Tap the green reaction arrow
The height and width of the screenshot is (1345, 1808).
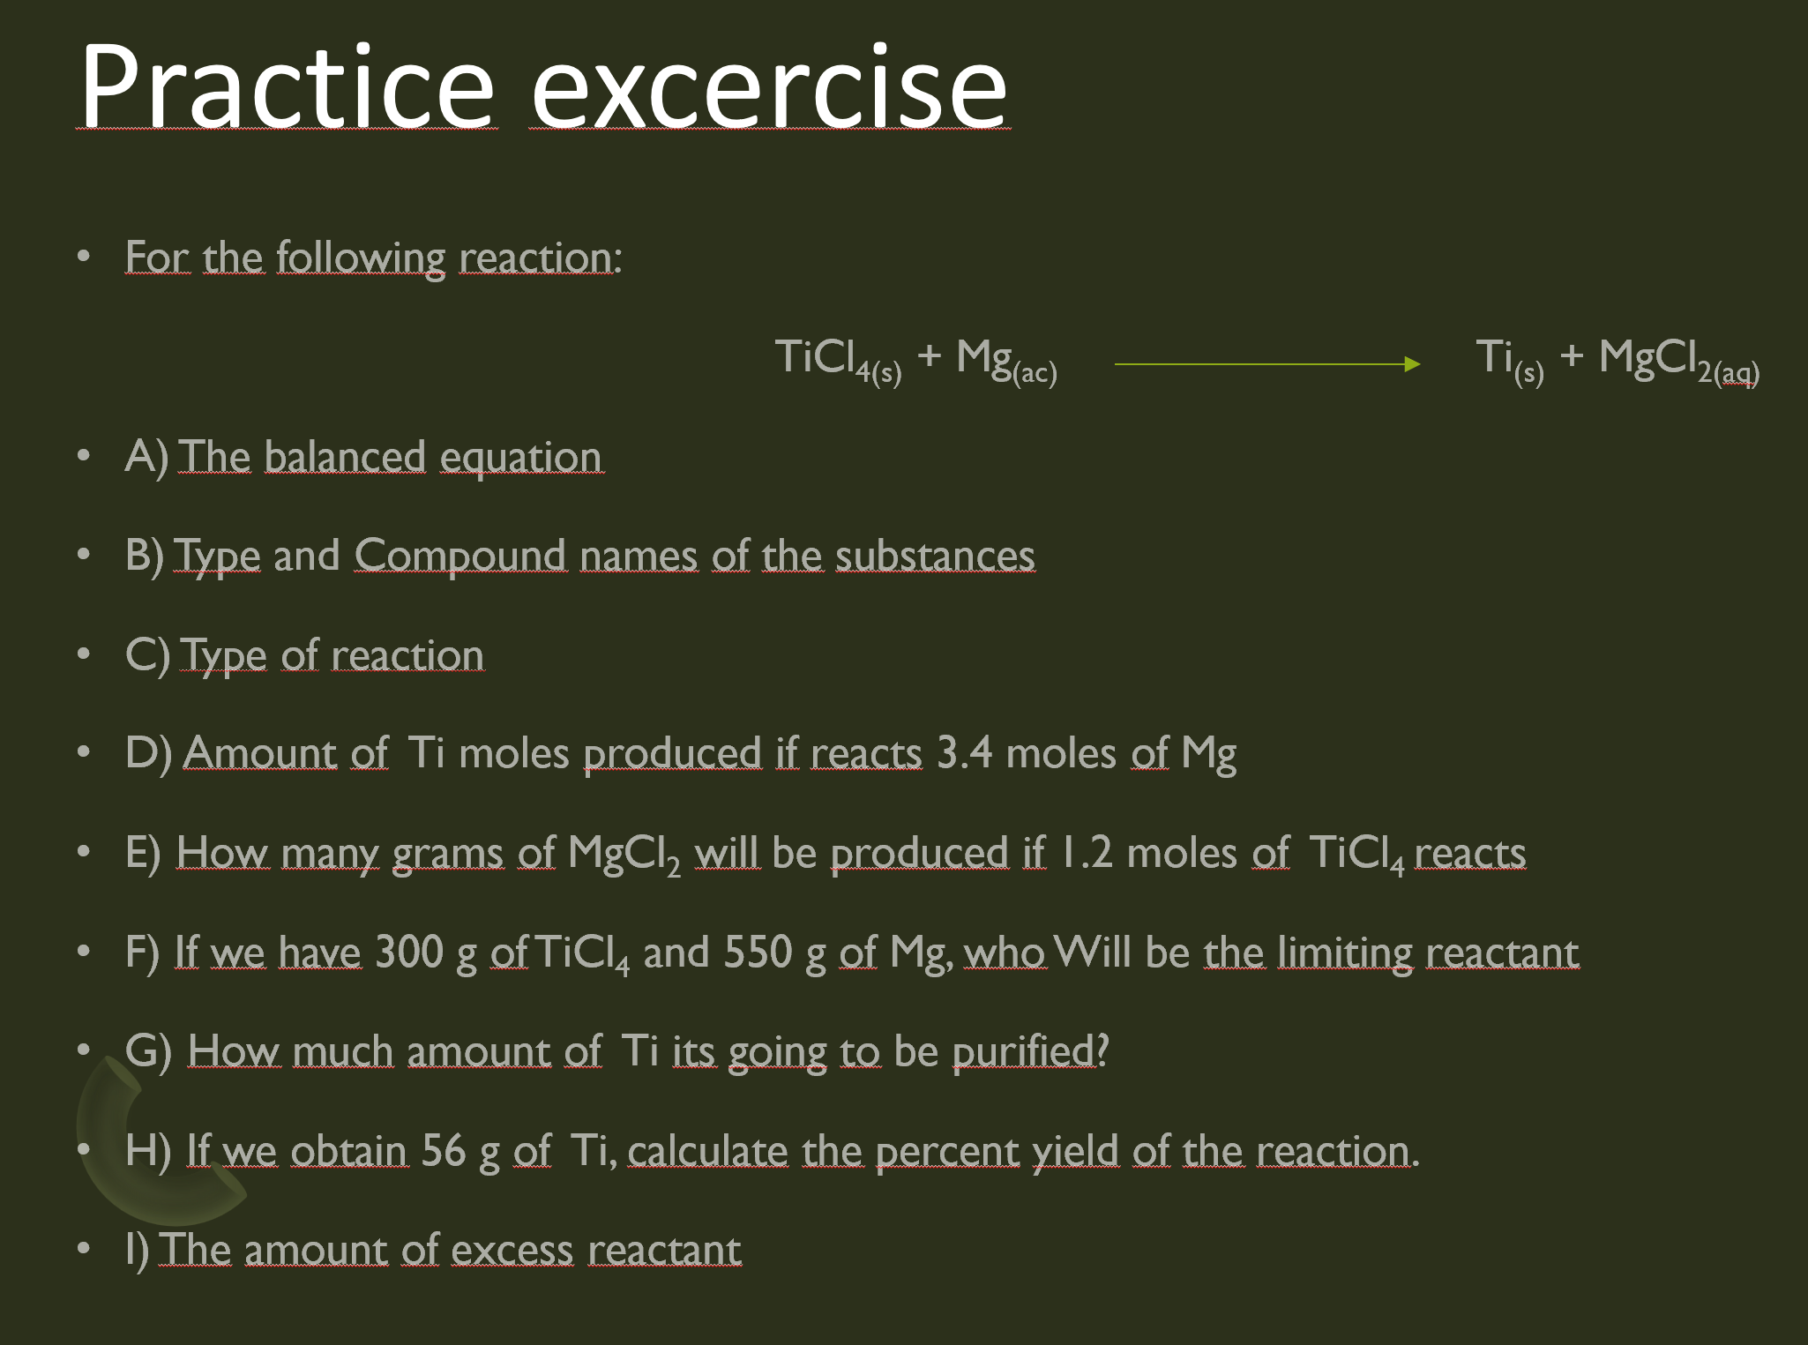tap(1266, 363)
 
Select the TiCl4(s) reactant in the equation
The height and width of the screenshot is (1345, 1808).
tap(838, 360)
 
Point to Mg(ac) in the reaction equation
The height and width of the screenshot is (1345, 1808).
tap(1006, 360)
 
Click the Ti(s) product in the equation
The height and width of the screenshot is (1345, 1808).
tap(1509, 360)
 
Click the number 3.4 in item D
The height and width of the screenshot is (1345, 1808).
tap(964, 753)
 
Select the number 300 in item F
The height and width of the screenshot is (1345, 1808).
tap(409, 953)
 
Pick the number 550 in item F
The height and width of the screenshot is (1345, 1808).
tap(758, 953)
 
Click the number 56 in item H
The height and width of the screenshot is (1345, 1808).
tap(443, 1151)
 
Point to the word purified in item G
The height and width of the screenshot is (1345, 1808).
tap(1023, 1051)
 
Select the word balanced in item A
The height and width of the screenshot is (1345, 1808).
tap(345, 457)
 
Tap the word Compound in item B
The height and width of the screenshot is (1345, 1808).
tap(460, 556)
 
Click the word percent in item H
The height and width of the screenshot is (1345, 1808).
tap(947, 1151)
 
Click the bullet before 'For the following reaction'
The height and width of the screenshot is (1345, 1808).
tap(84, 257)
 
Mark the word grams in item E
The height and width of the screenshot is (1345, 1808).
tap(448, 853)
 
